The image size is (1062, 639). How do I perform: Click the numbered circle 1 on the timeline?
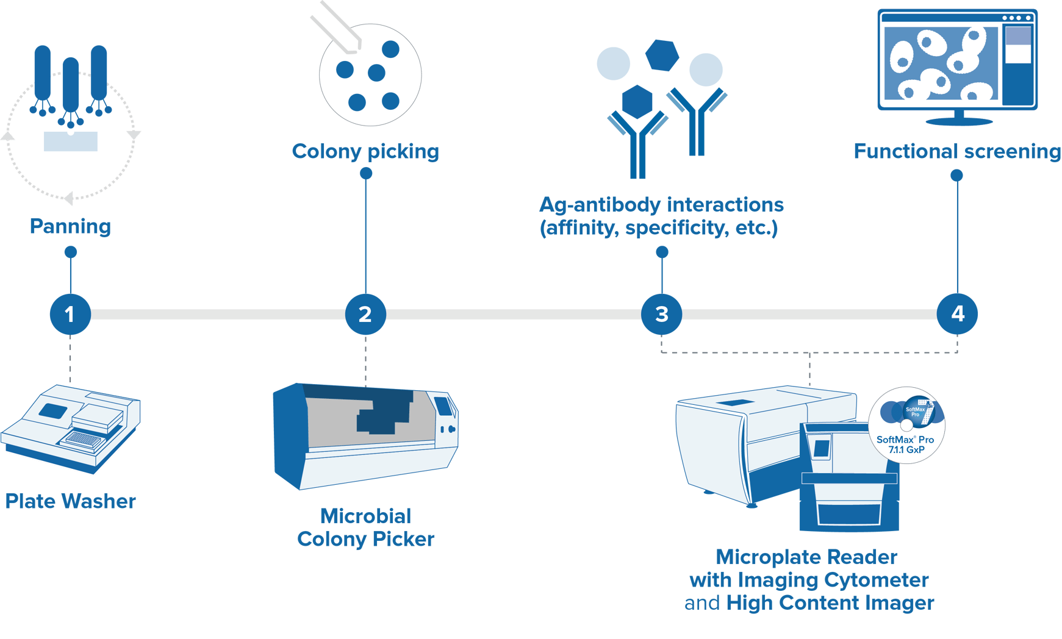tap(70, 314)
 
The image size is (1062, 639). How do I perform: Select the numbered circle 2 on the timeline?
tap(365, 314)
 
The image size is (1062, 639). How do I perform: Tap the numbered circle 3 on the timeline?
tap(661, 314)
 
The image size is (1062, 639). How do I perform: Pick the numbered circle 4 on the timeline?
tap(957, 314)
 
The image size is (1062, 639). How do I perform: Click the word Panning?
tap(70, 226)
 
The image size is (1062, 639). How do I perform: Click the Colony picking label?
tap(365, 151)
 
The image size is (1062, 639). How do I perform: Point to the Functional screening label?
tap(956, 151)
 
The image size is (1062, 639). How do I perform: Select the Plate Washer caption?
tap(70, 501)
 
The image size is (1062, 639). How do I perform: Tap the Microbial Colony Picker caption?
tap(365, 527)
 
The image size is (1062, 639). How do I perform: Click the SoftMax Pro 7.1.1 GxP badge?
tap(906, 426)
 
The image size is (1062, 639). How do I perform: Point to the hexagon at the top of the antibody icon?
tap(662, 55)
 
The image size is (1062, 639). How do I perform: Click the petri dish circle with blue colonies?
tap(370, 75)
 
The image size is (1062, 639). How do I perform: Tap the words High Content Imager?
tap(830, 603)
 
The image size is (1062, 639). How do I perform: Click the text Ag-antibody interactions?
tap(661, 204)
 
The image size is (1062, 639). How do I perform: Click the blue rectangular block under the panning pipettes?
tap(71, 141)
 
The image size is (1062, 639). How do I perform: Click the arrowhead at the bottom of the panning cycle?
tap(69, 198)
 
